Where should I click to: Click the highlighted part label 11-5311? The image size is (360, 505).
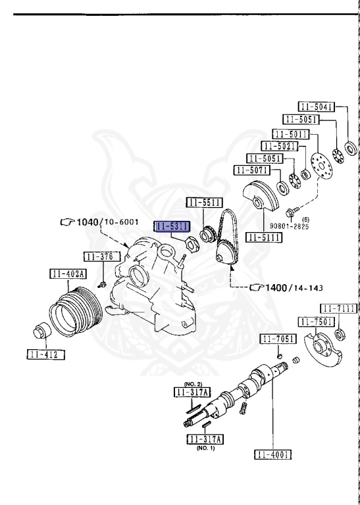[172, 226]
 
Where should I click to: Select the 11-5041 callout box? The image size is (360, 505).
[316, 107]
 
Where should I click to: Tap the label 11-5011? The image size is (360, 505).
[291, 134]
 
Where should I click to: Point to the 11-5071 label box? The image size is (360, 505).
[252, 170]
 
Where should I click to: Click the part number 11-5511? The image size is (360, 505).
[205, 203]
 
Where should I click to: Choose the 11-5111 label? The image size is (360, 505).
[264, 237]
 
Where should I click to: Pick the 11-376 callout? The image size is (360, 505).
[102, 256]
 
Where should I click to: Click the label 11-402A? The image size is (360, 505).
[68, 274]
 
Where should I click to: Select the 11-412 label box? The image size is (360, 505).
[46, 354]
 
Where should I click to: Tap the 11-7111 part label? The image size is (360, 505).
[339, 308]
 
